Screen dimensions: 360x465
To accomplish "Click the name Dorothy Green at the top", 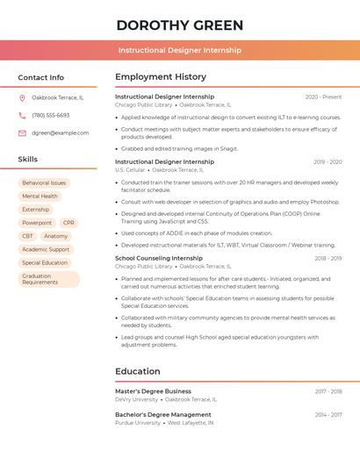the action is tap(180, 25).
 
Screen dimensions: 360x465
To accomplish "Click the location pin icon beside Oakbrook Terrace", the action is tap(22, 97).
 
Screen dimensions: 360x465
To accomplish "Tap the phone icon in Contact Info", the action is tap(22, 115).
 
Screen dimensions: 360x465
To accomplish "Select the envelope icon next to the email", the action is tap(22, 133).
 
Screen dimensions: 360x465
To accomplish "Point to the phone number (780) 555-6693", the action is tap(50, 115).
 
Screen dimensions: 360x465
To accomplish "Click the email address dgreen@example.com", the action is tap(60, 133).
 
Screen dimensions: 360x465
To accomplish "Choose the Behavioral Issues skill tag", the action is tap(44, 182).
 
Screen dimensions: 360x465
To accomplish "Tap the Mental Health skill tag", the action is tap(40, 197).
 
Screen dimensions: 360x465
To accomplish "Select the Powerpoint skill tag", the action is tap(37, 223).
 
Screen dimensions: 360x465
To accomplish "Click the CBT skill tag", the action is tap(27, 236).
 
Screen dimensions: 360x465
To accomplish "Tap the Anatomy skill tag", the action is tap(55, 236).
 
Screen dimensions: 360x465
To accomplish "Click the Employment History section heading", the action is tap(161, 77).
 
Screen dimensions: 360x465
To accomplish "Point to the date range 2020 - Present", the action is tap(323, 97).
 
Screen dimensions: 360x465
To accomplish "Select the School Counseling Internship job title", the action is tap(159, 259).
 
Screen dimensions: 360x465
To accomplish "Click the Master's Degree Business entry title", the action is tap(153, 391).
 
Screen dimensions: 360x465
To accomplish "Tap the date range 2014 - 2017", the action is tap(328, 414).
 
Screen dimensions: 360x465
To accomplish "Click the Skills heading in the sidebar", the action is tap(28, 160).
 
